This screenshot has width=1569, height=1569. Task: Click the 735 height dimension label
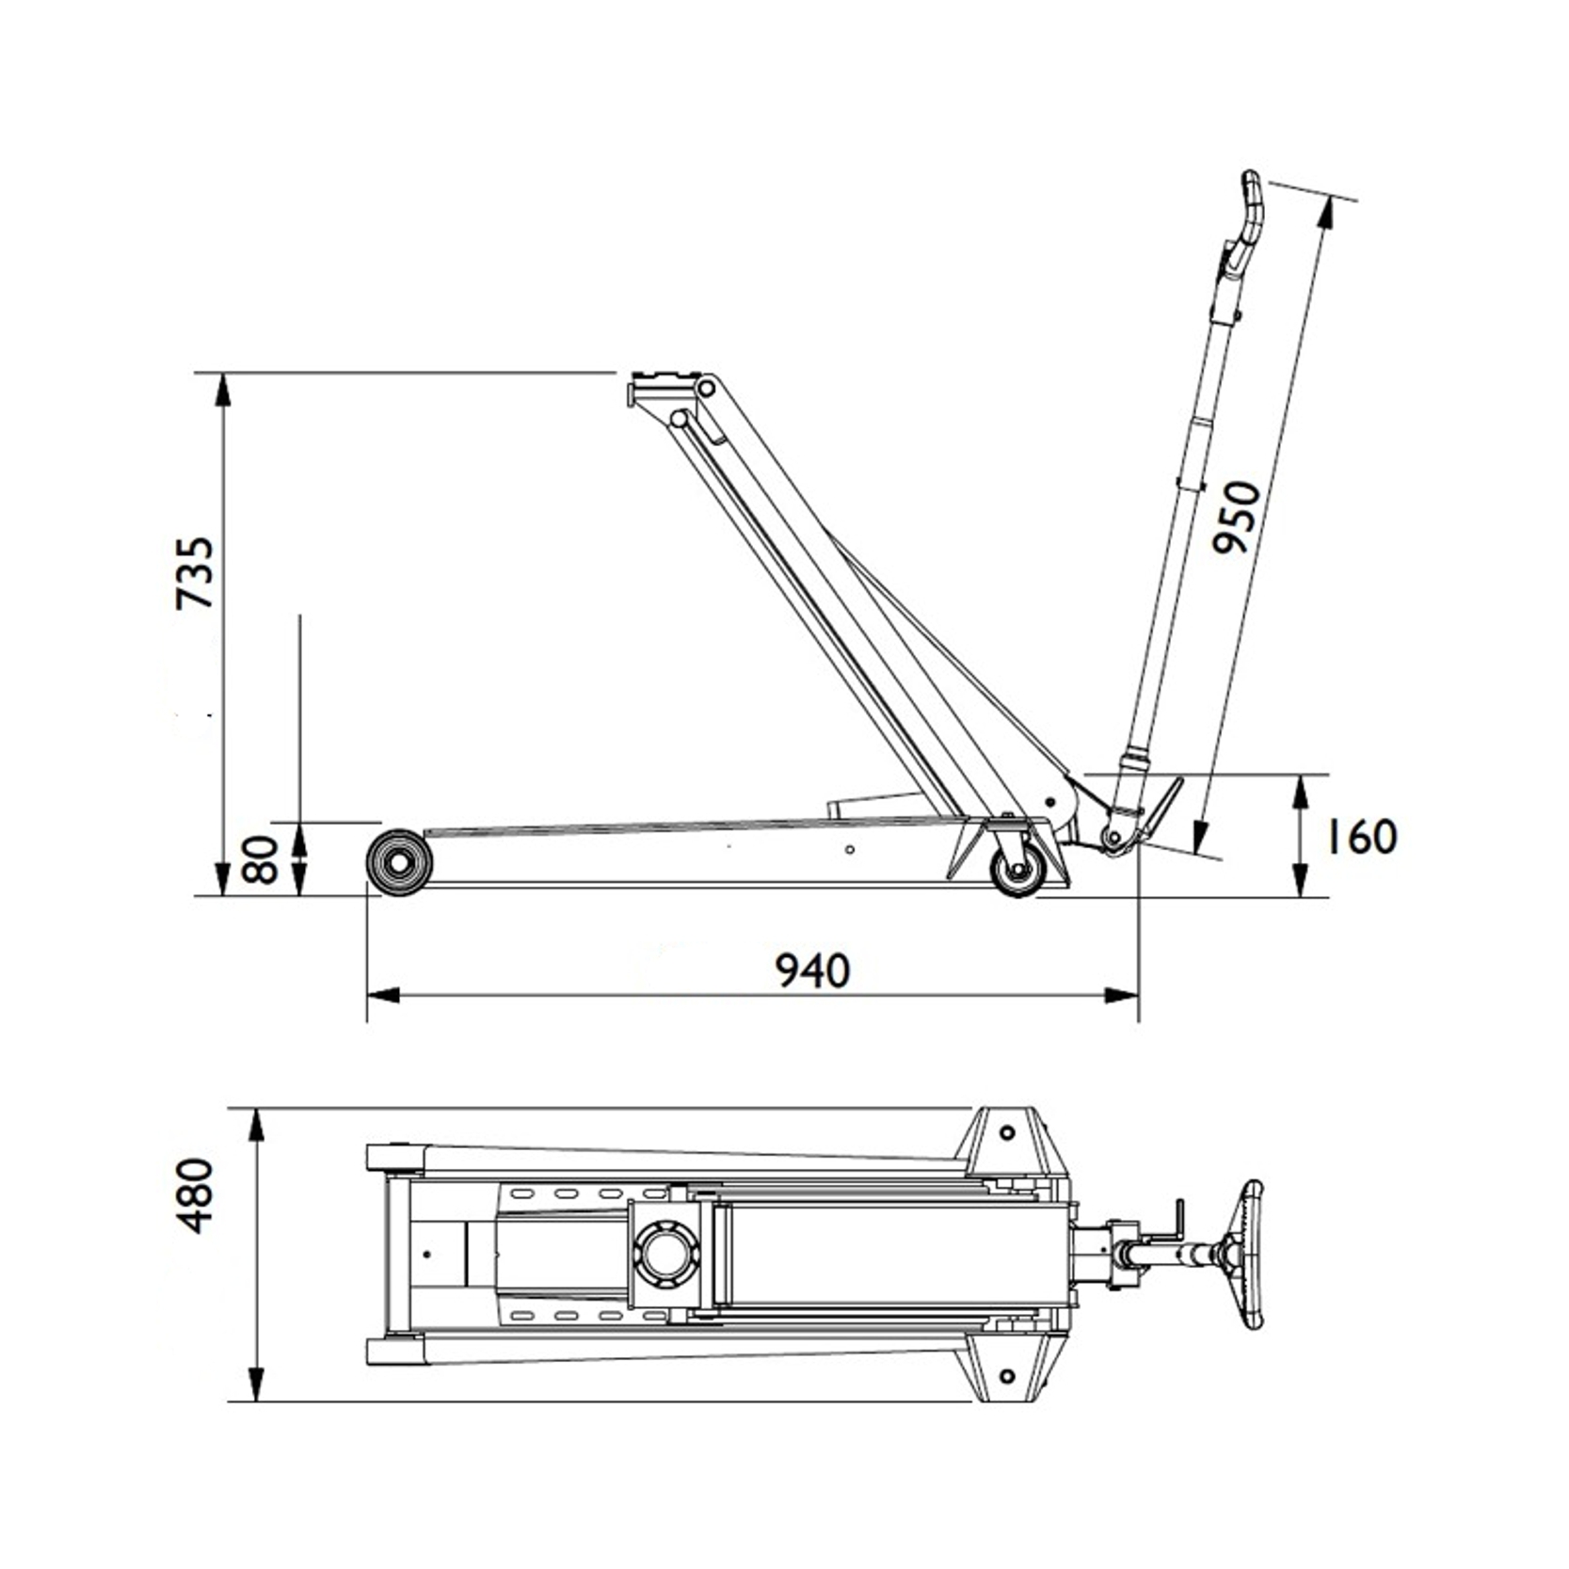[x=196, y=573]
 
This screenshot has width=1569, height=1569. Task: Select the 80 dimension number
[x=261, y=859]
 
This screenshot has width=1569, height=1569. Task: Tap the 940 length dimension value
[x=813, y=970]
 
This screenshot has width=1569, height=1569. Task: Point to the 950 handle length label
[x=1236, y=517]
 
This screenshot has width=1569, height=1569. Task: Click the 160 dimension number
[x=1362, y=836]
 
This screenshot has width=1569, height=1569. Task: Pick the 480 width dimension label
[x=196, y=1195]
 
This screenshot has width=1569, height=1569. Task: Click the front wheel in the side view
[x=400, y=862]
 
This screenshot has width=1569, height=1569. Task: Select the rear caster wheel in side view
[x=1018, y=869]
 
